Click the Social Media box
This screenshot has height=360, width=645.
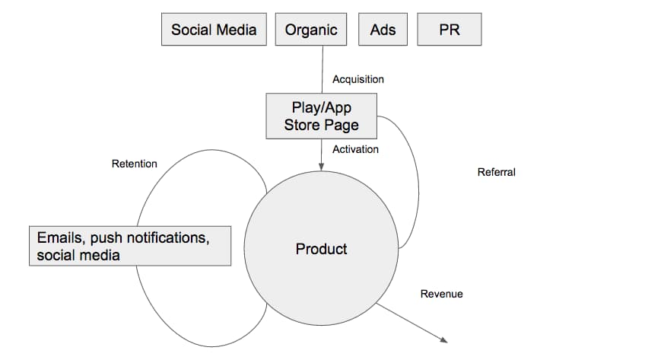[x=214, y=29]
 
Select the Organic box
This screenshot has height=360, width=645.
[x=311, y=29]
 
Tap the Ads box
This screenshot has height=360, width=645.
[x=383, y=29]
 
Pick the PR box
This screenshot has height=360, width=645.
[x=450, y=29]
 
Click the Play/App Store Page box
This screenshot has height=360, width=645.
[x=321, y=116]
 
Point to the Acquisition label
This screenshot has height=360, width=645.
[x=358, y=79]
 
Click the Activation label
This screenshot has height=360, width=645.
[x=355, y=149]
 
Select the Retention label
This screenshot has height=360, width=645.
[x=134, y=164]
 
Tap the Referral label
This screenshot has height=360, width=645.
[x=496, y=172]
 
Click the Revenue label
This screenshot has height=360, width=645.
[x=441, y=294]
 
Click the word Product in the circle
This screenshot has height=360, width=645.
[x=321, y=249]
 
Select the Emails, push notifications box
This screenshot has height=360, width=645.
[x=130, y=246]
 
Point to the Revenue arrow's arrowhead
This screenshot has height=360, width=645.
[x=444, y=340]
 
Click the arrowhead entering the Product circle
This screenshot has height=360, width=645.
[x=321, y=167]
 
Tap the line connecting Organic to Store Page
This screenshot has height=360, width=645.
[x=322, y=69]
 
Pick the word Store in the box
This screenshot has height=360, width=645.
[x=302, y=125]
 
